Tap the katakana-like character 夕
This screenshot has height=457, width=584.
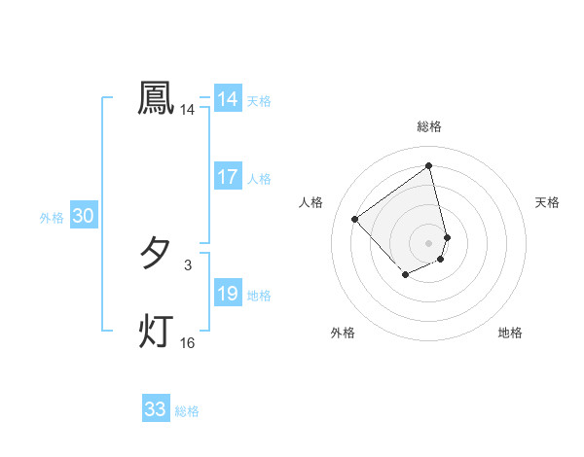(156, 254)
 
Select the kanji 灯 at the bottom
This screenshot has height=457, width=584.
(156, 331)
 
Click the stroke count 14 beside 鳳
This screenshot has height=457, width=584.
(188, 111)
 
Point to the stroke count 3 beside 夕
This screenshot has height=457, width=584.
(188, 265)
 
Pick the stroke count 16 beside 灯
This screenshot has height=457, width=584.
(188, 343)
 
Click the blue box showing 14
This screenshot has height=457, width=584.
(228, 99)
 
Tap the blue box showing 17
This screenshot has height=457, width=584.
(228, 177)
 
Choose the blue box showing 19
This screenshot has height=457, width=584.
(228, 294)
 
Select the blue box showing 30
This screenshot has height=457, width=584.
(83, 217)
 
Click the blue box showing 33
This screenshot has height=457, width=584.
(156, 409)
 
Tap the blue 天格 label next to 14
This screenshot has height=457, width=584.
(259, 101)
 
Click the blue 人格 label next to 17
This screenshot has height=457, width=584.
(259, 179)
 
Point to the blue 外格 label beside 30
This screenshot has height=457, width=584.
(52, 219)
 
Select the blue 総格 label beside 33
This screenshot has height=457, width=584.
(187, 411)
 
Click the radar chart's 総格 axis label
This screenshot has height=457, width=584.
(429, 126)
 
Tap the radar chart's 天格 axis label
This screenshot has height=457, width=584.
(548, 202)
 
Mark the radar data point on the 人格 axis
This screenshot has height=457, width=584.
(355, 219)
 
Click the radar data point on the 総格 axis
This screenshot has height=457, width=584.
(429, 166)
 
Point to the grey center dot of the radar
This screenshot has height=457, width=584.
(429, 242)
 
